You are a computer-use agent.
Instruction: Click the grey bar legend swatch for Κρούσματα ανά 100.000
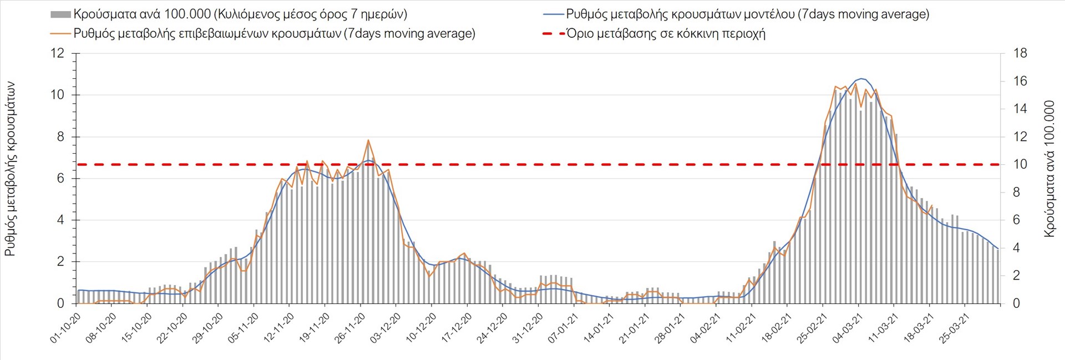click(60, 14)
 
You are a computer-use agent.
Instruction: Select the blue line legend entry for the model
click(553, 14)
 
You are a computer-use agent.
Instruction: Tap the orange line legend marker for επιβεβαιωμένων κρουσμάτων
click(60, 34)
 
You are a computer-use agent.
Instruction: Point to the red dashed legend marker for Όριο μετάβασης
click(553, 34)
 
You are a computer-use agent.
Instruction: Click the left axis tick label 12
click(58, 53)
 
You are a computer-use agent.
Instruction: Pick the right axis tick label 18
click(1020, 53)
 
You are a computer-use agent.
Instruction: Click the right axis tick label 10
click(1020, 164)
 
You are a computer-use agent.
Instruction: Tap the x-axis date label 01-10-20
click(66, 328)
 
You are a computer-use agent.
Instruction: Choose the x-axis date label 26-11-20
click(351, 328)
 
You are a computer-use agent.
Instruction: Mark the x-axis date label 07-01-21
click(564, 328)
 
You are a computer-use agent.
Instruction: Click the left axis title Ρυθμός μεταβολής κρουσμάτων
click(10, 169)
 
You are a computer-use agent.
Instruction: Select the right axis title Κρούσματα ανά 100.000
click(1049, 169)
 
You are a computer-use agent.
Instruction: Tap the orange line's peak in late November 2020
click(368, 140)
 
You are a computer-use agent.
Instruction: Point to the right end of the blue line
click(998, 249)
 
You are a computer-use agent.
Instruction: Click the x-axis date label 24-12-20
click(493, 328)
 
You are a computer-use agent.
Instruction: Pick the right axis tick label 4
click(1017, 248)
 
